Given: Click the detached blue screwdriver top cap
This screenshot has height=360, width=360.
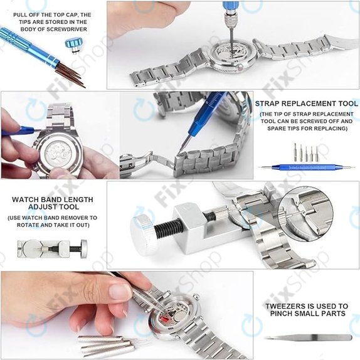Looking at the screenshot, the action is [x=74, y=46].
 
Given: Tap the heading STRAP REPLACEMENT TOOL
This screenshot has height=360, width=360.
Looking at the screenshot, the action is [x=307, y=103].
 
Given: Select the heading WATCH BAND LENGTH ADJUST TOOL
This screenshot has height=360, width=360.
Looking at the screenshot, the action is [x=53, y=203].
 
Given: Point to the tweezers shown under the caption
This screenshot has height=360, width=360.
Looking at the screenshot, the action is [x=308, y=337].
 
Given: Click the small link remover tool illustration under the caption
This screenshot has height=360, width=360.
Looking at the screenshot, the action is [x=52, y=248].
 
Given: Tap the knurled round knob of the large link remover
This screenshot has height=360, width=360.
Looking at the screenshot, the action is [x=144, y=234].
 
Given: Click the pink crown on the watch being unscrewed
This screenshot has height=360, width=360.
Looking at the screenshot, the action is [x=241, y=68].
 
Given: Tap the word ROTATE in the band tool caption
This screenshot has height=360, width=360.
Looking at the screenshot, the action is [x=28, y=225].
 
